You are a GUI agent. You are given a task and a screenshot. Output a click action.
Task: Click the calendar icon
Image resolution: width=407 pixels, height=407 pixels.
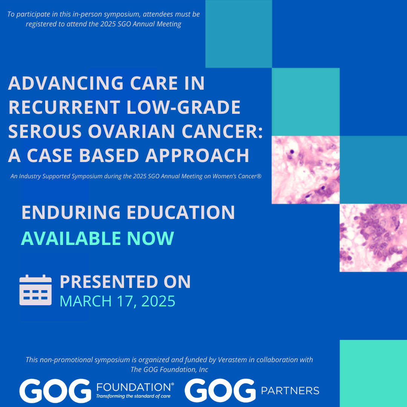(x=35, y=290)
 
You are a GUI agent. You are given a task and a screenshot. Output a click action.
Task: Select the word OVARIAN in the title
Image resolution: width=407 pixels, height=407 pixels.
(x=132, y=132)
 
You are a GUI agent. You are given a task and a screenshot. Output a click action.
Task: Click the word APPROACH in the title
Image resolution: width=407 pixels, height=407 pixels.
(x=197, y=156)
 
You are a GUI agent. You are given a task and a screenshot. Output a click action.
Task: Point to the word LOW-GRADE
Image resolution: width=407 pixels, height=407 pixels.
(x=184, y=107)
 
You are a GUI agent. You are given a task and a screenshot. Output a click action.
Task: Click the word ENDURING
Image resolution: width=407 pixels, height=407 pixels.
(x=71, y=212)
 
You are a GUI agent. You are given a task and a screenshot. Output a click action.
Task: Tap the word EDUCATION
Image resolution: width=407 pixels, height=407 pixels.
(x=181, y=212)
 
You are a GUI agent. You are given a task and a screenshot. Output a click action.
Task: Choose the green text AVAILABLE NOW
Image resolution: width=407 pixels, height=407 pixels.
(x=97, y=238)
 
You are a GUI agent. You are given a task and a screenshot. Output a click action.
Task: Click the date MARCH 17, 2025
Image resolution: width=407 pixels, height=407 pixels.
(x=118, y=301)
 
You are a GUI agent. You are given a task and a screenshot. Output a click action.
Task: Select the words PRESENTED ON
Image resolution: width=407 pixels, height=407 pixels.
(x=125, y=282)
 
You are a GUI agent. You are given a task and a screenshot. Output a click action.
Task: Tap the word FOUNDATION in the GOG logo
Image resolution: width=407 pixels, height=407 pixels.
(x=134, y=387)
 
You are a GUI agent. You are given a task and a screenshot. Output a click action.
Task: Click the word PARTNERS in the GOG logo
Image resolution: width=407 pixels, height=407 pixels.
(x=290, y=391)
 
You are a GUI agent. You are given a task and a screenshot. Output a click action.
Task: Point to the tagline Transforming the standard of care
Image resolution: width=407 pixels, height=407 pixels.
(x=133, y=396)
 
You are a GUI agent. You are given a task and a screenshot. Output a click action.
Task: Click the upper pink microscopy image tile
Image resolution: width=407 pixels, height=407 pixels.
(x=306, y=170)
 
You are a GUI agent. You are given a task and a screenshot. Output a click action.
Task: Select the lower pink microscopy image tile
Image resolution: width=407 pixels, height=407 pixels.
(x=373, y=238)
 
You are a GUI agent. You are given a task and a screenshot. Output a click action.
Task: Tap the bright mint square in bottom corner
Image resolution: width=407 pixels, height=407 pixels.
(x=373, y=373)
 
